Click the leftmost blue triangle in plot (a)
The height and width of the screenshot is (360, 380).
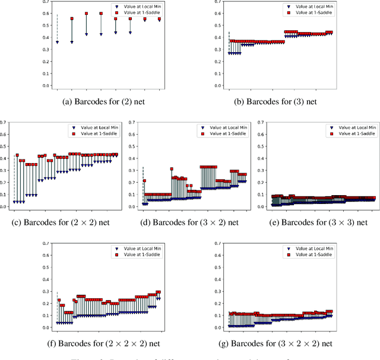pyautogui.click(x=57, y=42)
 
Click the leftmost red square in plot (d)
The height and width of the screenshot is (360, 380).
pyautogui.click(x=144, y=180)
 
